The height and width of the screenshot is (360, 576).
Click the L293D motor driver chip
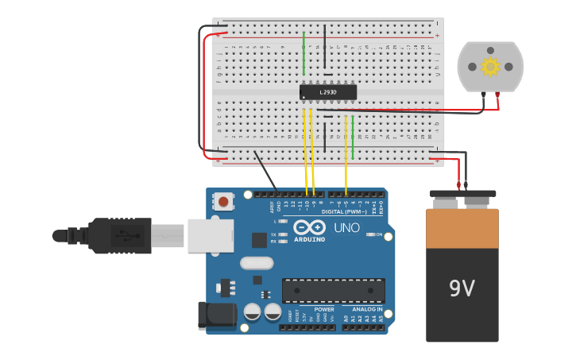click(327, 92)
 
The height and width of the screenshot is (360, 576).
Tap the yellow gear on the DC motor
click(490, 67)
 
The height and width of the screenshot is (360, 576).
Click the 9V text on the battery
click(462, 288)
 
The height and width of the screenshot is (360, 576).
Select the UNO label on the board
click(346, 228)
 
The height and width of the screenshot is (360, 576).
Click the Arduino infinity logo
click(310, 227)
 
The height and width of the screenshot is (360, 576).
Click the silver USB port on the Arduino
click(211, 235)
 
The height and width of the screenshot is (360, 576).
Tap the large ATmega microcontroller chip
click(333, 290)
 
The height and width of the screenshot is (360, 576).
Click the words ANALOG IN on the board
click(367, 309)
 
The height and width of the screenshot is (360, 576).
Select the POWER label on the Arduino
click(323, 309)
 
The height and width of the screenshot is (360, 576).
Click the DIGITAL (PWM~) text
click(344, 212)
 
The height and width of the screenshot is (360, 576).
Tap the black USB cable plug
click(119, 235)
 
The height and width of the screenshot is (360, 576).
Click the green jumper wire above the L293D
click(303, 54)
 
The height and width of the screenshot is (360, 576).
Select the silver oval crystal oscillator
click(255, 263)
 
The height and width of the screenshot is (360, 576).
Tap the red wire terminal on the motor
click(497, 95)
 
